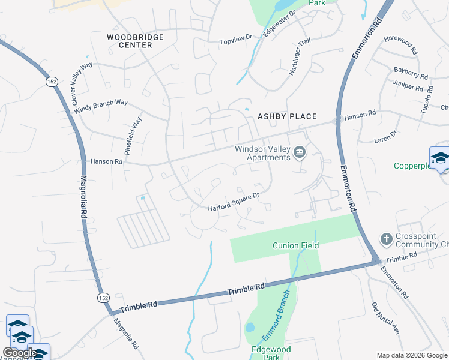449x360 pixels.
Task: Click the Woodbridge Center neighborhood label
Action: click(x=135, y=41)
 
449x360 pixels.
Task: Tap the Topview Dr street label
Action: click(x=235, y=40)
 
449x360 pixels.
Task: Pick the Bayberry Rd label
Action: click(x=411, y=73)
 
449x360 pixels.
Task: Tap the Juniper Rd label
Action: click(x=408, y=86)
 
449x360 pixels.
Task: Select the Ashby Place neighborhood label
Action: click(x=286, y=116)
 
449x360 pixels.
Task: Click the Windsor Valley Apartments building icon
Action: click(x=299, y=153)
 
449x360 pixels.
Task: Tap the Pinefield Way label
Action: click(x=133, y=136)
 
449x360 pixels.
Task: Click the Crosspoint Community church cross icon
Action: click(x=387, y=239)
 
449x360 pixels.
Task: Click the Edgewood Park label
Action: click(x=271, y=353)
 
